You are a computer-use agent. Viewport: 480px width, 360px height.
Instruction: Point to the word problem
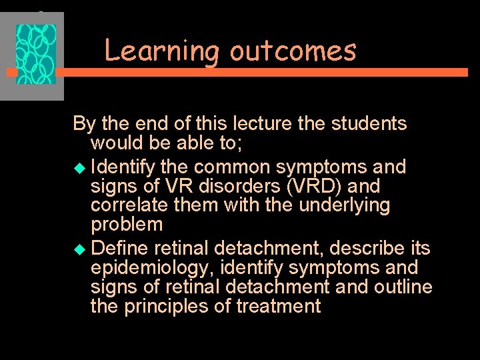coord(126,224)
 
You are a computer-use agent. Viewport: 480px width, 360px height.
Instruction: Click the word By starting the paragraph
coord(83,124)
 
